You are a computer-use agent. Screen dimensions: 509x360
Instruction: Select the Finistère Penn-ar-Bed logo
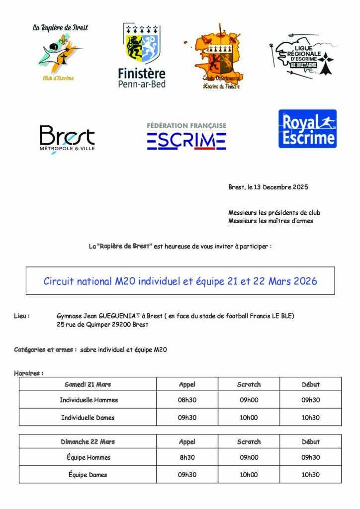[142, 56]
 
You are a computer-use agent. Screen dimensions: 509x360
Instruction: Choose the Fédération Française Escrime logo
[186, 136]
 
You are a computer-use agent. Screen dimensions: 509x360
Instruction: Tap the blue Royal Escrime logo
[307, 129]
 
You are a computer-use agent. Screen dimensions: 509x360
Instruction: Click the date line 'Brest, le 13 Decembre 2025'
[268, 187]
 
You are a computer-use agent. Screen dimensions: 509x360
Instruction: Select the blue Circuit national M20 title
[180, 281]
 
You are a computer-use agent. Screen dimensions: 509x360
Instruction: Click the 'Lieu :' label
[22, 316]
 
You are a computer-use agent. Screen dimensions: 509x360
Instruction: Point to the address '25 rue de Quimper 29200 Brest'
[102, 325]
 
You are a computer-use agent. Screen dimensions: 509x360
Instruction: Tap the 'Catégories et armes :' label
[45, 349]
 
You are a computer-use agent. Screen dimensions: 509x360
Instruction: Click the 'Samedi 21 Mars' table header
[88, 384]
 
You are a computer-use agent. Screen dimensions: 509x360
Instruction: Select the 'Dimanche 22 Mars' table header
[88, 441]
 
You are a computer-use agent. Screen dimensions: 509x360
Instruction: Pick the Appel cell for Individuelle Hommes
[187, 400]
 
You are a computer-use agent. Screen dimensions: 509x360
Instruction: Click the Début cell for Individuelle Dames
[311, 418]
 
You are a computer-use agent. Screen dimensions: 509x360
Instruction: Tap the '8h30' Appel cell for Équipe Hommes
[187, 457]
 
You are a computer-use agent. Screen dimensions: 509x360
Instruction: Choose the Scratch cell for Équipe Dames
[249, 475]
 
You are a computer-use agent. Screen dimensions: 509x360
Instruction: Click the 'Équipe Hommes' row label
[88, 457]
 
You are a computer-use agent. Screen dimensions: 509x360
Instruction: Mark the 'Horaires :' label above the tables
[28, 373]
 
